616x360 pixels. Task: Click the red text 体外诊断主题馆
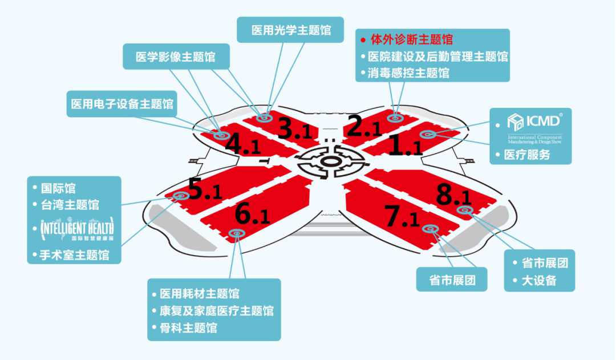click(411, 40)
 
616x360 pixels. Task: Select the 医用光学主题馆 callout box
click(291, 29)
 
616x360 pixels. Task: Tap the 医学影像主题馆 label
click(175, 57)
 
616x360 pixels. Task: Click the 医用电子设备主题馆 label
click(122, 104)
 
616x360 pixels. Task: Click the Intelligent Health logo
click(75, 229)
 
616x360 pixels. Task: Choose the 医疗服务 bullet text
click(526, 155)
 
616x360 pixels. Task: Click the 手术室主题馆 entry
click(75, 254)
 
